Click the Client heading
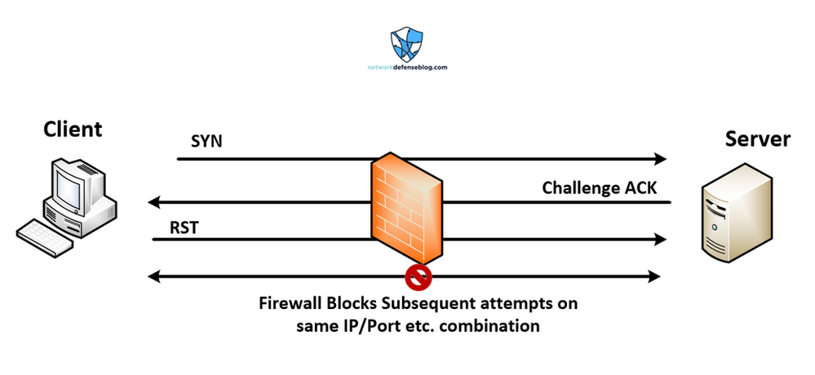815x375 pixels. click(73, 129)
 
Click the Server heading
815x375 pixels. click(757, 139)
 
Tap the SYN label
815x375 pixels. click(206, 143)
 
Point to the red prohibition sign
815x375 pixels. click(419, 277)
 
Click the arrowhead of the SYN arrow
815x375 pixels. click(660, 159)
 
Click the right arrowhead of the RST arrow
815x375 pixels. click(660, 240)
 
